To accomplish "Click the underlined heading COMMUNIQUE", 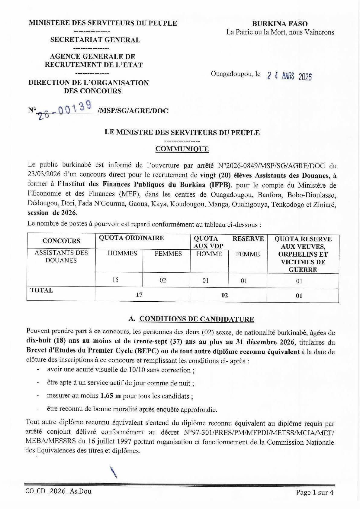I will point(182,149).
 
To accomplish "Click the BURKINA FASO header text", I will point(280,24).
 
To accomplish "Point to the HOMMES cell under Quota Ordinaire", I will point(122,253).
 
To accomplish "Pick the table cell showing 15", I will point(115,280).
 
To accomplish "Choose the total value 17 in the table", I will point(139,294).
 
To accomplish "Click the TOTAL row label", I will point(42,290).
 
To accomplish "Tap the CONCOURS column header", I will point(61,241).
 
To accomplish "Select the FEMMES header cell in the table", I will point(168,254).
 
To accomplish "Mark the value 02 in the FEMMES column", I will point(163,280).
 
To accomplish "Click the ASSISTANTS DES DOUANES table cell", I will point(61,257).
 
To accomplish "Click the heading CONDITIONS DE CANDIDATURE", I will point(197,319).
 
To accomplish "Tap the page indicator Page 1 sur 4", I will point(315,493).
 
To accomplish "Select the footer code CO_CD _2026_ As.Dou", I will point(58,491).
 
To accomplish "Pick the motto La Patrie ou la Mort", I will point(280,32).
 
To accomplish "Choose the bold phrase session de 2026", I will point(53,212).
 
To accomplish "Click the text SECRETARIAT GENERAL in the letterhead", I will point(95,40).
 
